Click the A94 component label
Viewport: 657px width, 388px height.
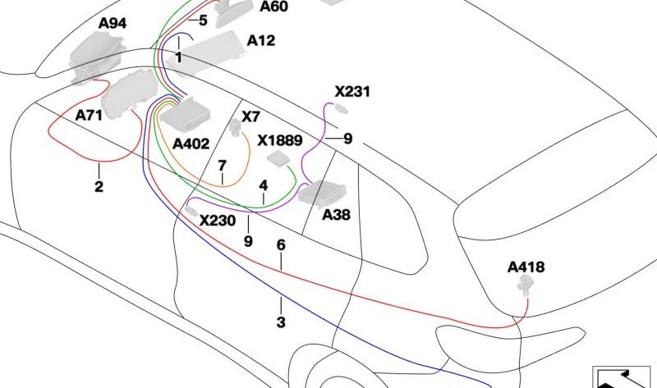pos(113,24)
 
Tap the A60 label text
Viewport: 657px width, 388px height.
pos(273,7)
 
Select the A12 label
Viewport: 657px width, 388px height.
pos(261,40)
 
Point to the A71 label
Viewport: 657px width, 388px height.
pos(89,115)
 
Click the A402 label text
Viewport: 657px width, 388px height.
pos(191,144)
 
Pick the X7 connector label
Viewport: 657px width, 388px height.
pos(251,116)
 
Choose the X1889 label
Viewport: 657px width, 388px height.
pos(279,140)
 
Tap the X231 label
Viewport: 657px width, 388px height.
pos(352,91)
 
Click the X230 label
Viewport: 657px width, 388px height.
pos(218,221)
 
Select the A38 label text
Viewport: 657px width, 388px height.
pos(336,215)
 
